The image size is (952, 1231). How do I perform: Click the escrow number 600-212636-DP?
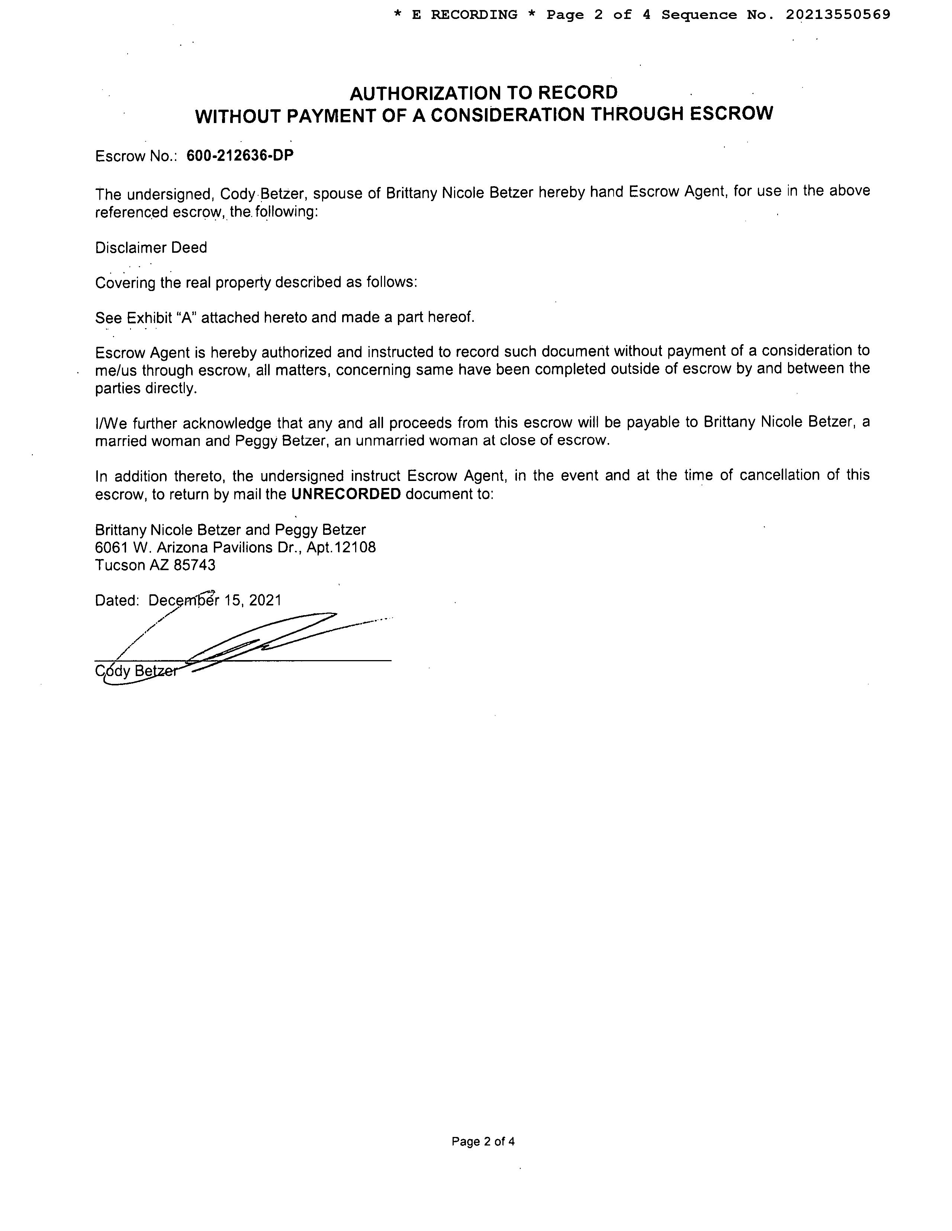click(x=240, y=156)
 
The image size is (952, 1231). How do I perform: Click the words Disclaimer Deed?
click(x=151, y=248)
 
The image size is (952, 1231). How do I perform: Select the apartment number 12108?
click(x=355, y=547)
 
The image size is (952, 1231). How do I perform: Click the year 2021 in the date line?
click(x=265, y=600)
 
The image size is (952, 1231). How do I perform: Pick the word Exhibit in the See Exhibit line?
click(x=149, y=318)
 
